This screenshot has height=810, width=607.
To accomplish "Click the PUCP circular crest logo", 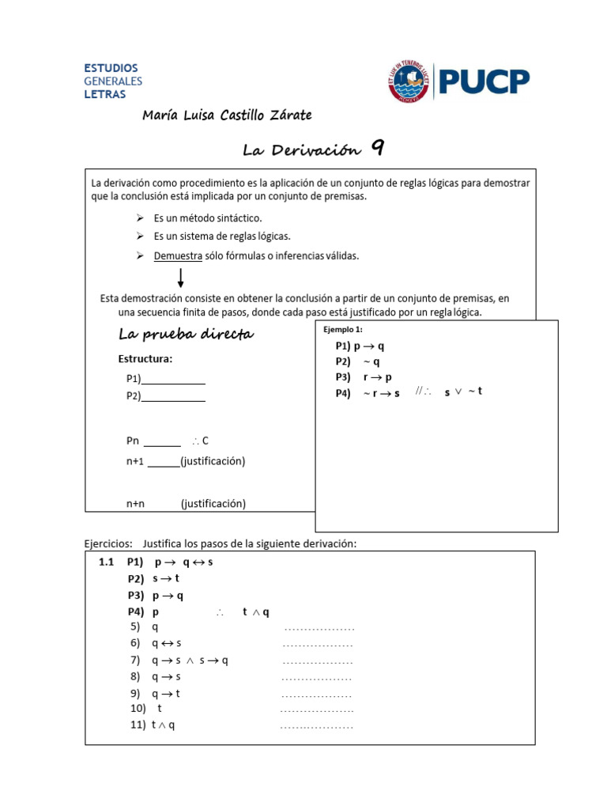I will [x=411, y=81].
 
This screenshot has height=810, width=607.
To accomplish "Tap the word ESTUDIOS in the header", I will [x=111, y=68].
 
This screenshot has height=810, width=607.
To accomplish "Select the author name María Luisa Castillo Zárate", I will [x=227, y=115].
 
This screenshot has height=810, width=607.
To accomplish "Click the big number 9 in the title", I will [x=378, y=148].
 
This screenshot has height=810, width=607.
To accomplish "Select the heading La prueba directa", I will [x=186, y=335].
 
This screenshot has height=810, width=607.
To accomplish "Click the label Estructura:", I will [x=145, y=359].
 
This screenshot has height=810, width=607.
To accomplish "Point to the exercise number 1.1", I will [x=107, y=562].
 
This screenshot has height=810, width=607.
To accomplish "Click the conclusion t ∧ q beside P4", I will [x=256, y=612].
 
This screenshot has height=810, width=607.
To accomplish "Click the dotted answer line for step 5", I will [x=319, y=629].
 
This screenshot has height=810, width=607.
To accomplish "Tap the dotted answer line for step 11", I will [x=316, y=726].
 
